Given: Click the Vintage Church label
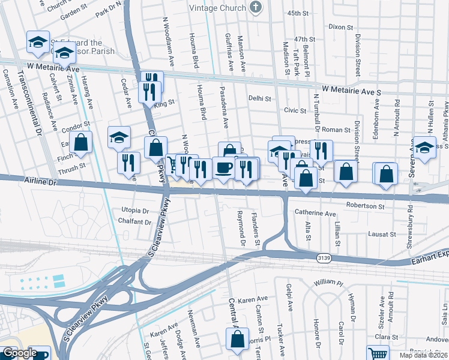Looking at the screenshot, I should pos(217,8).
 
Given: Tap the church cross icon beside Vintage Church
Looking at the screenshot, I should pos(256,8).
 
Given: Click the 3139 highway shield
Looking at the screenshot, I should pos(324,257).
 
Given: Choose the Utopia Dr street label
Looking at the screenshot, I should pos(134,211).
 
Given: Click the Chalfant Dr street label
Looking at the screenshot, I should pos(135,222).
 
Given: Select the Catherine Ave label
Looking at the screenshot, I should pos(315,213).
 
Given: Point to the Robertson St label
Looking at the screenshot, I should pos(364,206).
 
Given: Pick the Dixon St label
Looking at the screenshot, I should pos(340,27).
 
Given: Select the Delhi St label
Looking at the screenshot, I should pos(260,98).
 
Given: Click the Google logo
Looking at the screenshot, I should pos(20,353).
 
